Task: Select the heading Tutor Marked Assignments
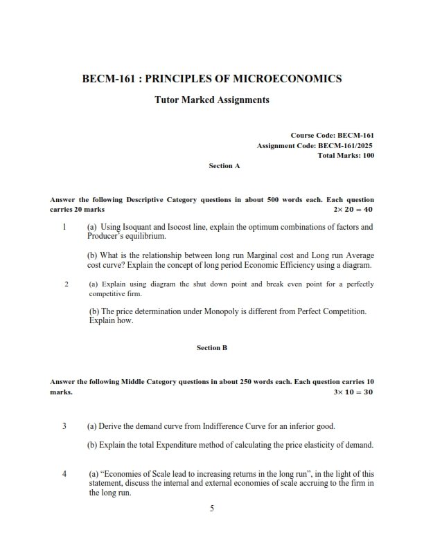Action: [211, 100]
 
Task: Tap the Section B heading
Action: [212, 348]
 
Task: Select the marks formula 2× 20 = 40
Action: [353, 209]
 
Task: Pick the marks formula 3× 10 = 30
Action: [353, 392]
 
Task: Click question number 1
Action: [64, 227]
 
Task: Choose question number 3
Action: [64, 426]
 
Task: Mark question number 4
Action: [64, 474]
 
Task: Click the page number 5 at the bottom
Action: [212, 509]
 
